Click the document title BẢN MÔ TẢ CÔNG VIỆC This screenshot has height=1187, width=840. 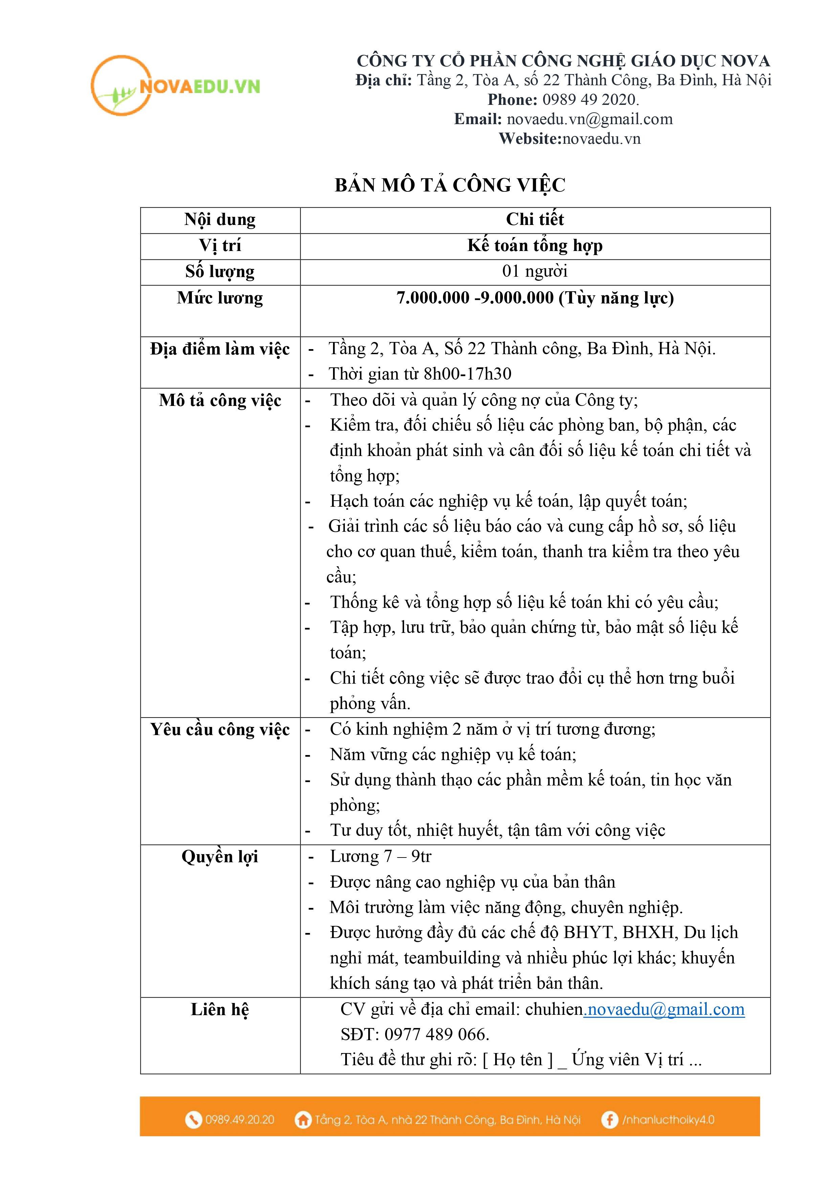450,185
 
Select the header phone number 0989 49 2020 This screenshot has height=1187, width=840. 589,100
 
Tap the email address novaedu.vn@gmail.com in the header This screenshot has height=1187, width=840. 590,119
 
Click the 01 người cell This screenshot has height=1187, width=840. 535,271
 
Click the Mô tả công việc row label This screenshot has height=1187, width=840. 220,401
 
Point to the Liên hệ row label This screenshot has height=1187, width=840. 220,1010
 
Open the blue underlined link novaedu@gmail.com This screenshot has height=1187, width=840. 665,1010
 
